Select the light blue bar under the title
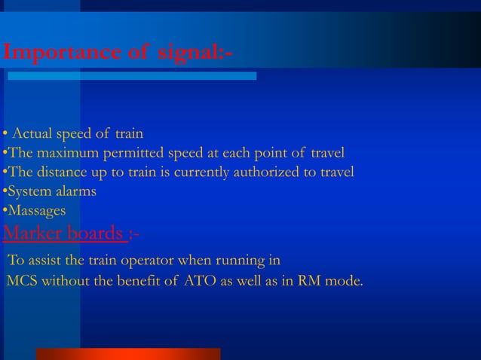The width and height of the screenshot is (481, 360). tap(133, 76)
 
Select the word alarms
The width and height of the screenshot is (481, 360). tap(74, 191)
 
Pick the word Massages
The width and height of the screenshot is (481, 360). tap(35, 210)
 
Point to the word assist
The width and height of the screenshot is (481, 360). tap(46, 261)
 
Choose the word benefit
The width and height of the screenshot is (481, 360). tap(142, 282)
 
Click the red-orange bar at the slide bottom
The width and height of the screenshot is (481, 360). tap(128, 354)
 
